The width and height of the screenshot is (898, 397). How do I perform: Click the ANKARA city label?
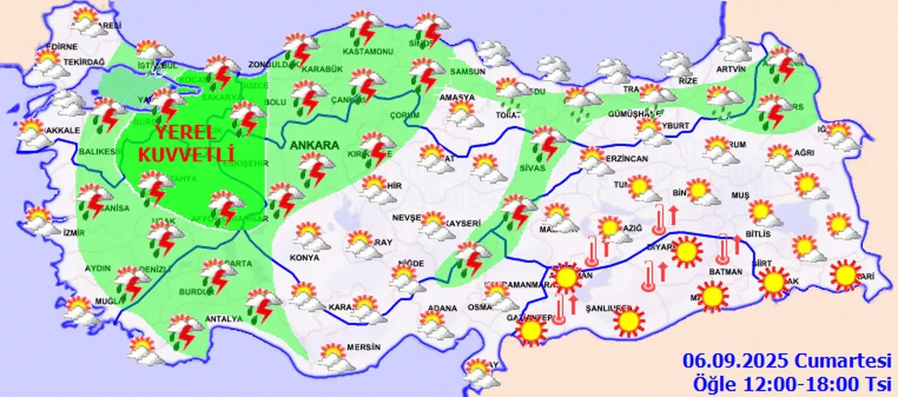(314, 145)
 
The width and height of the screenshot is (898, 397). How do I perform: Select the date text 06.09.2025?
(736, 361)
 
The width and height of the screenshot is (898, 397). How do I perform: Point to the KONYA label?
(304, 257)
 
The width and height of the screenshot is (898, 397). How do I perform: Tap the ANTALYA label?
(223, 320)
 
